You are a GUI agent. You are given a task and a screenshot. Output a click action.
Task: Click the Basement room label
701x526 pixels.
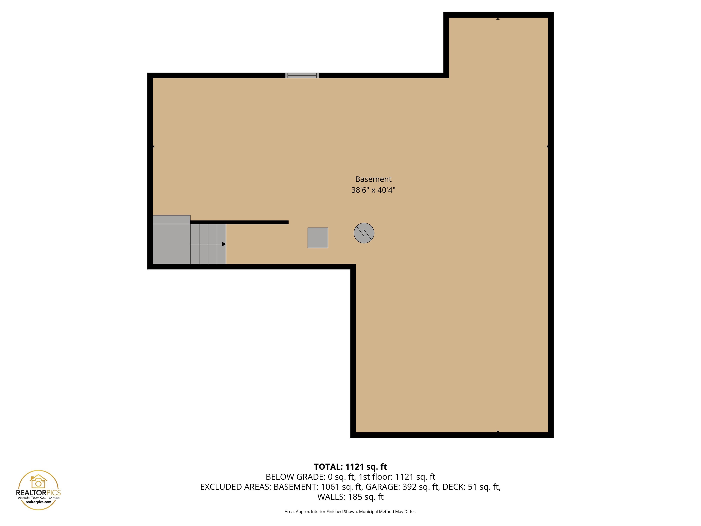[373, 179]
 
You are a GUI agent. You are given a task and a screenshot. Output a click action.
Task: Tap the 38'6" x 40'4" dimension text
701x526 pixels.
[373, 190]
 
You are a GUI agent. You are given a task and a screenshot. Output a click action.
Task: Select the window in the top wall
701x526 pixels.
[302, 75]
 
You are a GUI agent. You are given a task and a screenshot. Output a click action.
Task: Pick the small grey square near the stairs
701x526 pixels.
[318, 238]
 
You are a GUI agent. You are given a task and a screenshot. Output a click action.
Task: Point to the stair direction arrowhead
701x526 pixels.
[224, 244]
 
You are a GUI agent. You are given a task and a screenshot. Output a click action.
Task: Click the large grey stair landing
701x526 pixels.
[171, 244]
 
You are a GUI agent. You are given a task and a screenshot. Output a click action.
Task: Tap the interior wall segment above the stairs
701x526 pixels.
[240, 222]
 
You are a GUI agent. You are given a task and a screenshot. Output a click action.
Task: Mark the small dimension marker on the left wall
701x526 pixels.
[154, 147]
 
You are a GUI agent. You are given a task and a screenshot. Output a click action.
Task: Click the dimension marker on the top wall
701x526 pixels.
[498, 19]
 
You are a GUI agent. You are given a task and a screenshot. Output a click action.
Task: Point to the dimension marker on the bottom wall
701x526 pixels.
[498, 431]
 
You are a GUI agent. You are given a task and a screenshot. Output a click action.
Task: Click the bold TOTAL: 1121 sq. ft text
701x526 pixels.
[350, 467]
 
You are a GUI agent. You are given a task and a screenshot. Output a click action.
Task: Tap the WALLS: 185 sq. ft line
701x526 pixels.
[350, 497]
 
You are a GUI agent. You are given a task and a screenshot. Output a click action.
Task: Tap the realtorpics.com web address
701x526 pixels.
[38, 502]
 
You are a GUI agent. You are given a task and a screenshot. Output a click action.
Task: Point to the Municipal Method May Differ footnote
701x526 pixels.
[387, 511]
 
